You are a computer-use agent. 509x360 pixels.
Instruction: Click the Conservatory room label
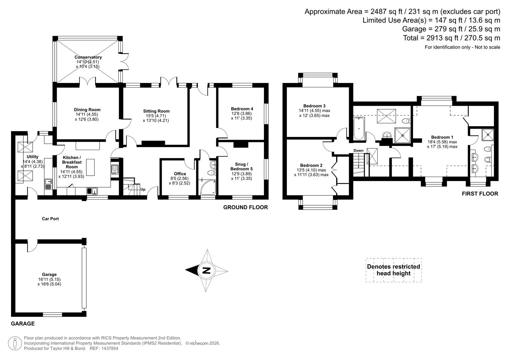click(88, 57)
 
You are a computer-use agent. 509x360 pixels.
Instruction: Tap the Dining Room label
click(87, 110)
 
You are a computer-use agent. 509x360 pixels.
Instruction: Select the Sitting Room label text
click(156, 111)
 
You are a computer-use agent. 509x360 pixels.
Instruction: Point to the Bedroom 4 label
click(242, 109)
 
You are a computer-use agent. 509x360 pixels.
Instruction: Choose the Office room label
click(180, 174)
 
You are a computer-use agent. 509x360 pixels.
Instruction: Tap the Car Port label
click(50, 219)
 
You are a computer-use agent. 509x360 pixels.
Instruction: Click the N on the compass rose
click(207, 270)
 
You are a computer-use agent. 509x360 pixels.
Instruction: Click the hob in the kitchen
click(115, 169)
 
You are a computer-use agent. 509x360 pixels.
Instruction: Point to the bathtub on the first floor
click(359, 128)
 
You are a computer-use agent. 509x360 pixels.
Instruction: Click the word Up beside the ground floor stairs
click(143, 190)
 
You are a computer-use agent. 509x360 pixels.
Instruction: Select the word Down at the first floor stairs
click(358, 151)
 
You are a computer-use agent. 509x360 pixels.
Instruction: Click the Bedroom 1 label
click(442, 137)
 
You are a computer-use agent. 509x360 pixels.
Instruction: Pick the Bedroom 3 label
click(314, 106)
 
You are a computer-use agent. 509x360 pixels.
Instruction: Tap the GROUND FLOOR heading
click(245, 207)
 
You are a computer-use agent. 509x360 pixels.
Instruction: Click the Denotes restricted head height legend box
click(393, 270)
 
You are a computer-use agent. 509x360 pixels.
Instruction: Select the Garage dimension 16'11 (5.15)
click(49, 279)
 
